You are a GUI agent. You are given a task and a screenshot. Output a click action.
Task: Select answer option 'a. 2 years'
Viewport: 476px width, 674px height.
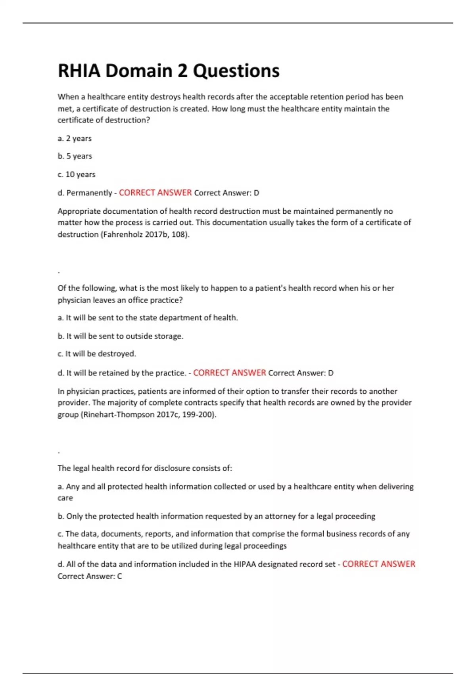click(x=75, y=138)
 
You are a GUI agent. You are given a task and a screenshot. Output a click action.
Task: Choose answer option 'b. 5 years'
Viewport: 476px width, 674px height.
click(x=75, y=156)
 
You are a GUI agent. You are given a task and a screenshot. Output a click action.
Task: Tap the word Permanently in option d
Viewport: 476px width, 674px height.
click(x=89, y=193)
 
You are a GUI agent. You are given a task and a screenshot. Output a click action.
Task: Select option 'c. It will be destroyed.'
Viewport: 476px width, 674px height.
click(x=97, y=354)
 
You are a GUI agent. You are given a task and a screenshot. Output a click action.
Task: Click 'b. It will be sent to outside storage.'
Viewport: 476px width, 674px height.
click(x=121, y=336)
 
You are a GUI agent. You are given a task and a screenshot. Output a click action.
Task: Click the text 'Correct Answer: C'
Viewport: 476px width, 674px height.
click(x=90, y=576)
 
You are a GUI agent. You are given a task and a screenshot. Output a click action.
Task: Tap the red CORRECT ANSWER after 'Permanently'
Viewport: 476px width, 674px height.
click(x=155, y=193)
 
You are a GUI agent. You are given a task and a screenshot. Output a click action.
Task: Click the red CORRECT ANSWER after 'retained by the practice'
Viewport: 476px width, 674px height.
click(x=229, y=373)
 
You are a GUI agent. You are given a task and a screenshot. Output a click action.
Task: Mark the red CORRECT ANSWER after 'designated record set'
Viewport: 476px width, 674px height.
click(x=378, y=564)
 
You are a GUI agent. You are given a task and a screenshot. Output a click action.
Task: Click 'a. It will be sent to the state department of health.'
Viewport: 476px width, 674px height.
click(x=148, y=318)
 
